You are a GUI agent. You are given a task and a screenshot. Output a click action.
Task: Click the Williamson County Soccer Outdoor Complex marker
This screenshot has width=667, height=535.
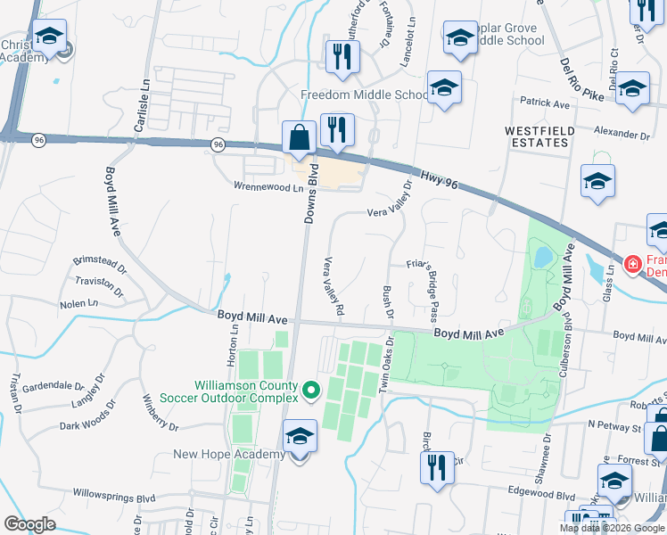(x=311, y=391)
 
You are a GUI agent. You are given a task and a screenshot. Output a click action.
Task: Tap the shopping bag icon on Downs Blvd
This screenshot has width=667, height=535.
(x=299, y=138)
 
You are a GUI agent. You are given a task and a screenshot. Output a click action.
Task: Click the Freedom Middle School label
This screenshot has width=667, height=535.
(x=365, y=95)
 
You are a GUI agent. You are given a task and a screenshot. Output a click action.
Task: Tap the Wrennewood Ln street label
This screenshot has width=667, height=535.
(x=257, y=187)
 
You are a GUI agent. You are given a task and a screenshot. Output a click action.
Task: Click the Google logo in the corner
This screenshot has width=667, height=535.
(x=29, y=524)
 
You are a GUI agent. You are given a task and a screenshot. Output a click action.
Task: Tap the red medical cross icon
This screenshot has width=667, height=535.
(x=632, y=264)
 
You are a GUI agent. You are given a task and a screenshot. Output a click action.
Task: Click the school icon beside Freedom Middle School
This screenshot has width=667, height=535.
(x=443, y=88)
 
